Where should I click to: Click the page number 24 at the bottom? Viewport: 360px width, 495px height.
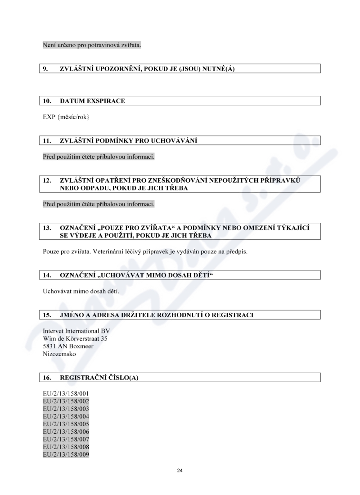180,471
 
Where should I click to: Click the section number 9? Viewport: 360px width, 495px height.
45,68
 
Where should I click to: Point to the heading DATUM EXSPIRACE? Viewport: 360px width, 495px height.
92,101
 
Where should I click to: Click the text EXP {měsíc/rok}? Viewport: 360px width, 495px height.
66,117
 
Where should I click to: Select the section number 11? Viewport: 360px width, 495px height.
46,140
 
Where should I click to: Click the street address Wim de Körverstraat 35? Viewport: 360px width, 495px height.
75,338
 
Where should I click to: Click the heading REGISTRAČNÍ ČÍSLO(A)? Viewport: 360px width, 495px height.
99,378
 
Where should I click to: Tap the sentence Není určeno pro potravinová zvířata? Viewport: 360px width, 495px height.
92,45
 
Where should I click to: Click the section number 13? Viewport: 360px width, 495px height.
46,228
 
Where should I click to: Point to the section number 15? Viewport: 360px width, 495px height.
46,315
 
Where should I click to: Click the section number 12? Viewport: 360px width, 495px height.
46,180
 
